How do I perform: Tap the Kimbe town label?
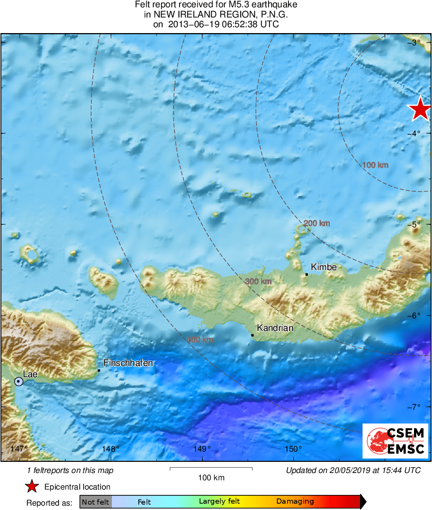pyautogui.click(x=324, y=267)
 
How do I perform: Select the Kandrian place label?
pyautogui.click(x=275, y=328)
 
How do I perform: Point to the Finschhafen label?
pyautogui.click(x=128, y=363)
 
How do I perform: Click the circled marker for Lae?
pyautogui.click(x=18, y=382)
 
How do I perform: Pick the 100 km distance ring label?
pyautogui.click(x=376, y=165)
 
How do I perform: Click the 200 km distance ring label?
pyautogui.click(x=317, y=223)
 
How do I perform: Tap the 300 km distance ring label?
pyautogui.click(x=258, y=281)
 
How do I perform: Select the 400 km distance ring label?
pyautogui.click(x=200, y=340)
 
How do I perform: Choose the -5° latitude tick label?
pyautogui.click(x=414, y=224)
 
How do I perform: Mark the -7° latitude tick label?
pyautogui.click(x=414, y=407)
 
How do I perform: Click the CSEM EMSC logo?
pyautogui.click(x=396, y=441)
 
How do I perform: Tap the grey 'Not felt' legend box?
pyautogui.click(x=95, y=502)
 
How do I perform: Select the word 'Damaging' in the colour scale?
pyautogui.click(x=295, y=502)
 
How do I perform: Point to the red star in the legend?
pyautogui.click(x=32, y=487)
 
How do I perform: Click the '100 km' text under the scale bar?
pyautogui.click(x=212, y=478)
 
